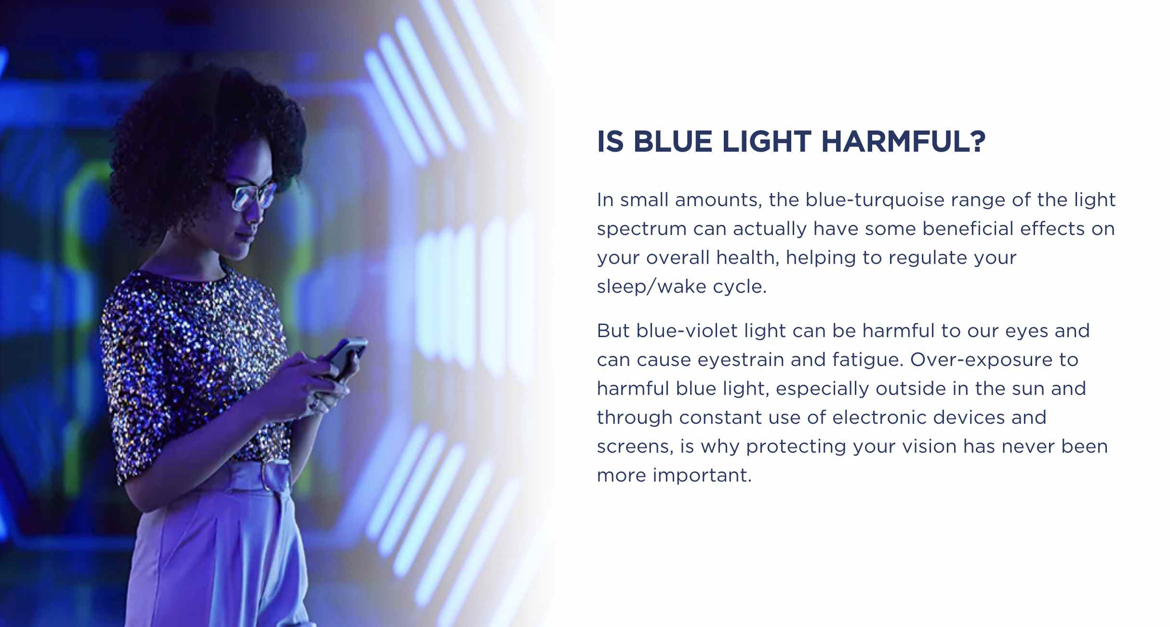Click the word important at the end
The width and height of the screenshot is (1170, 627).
pos(702,476)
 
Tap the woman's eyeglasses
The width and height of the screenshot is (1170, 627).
pos(251,193)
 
